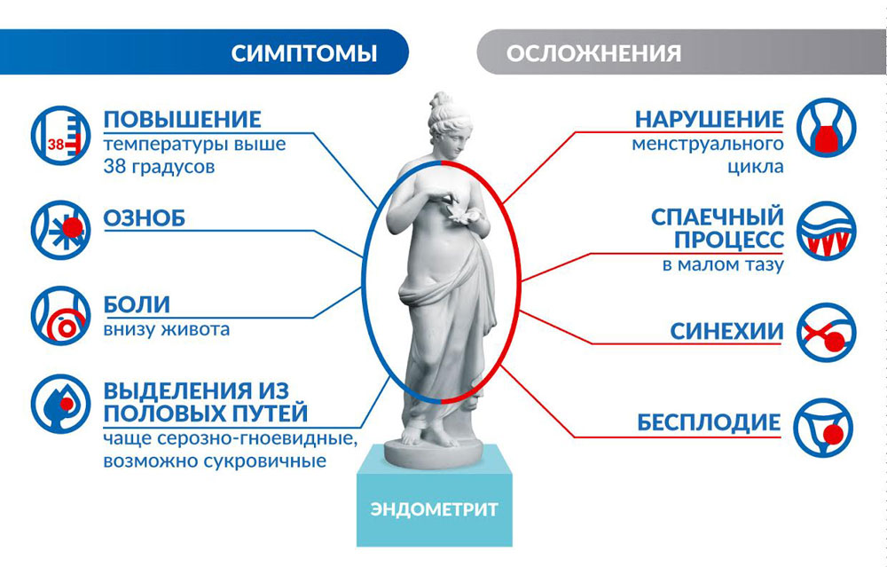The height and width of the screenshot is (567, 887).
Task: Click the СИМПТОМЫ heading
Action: coord(303,53)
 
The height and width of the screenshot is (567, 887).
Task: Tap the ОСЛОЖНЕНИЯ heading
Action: coord(593,54)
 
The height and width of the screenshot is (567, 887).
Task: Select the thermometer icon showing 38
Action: coord(60,135)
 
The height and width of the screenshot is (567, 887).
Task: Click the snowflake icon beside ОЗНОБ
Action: coord(60,229)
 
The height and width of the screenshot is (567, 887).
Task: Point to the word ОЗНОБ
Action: coord(145,218)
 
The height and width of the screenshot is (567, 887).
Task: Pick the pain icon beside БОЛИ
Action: coord(60,316)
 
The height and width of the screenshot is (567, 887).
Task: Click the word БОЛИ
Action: coord(137,304)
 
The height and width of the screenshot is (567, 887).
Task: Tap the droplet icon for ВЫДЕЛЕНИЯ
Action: coord(60,404)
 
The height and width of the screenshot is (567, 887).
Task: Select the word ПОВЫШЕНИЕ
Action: coord(182,120)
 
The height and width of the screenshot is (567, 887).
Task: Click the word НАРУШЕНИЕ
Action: coord(710,120)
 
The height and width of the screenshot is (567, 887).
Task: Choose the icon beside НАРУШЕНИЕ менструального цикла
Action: coord(827,128)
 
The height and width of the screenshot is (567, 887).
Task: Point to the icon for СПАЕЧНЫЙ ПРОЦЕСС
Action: coord(827,231)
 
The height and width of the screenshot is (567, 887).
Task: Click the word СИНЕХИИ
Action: coord(727,332)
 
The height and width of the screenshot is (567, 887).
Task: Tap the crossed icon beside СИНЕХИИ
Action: coord(827,332)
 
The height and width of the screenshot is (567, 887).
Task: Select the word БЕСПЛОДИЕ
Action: coord(709,422)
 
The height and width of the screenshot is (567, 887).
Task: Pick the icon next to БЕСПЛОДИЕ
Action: coord(823,428)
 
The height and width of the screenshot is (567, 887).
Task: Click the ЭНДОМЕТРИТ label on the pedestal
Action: coord(435,509)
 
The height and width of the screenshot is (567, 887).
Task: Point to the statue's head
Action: coord(448,123)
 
